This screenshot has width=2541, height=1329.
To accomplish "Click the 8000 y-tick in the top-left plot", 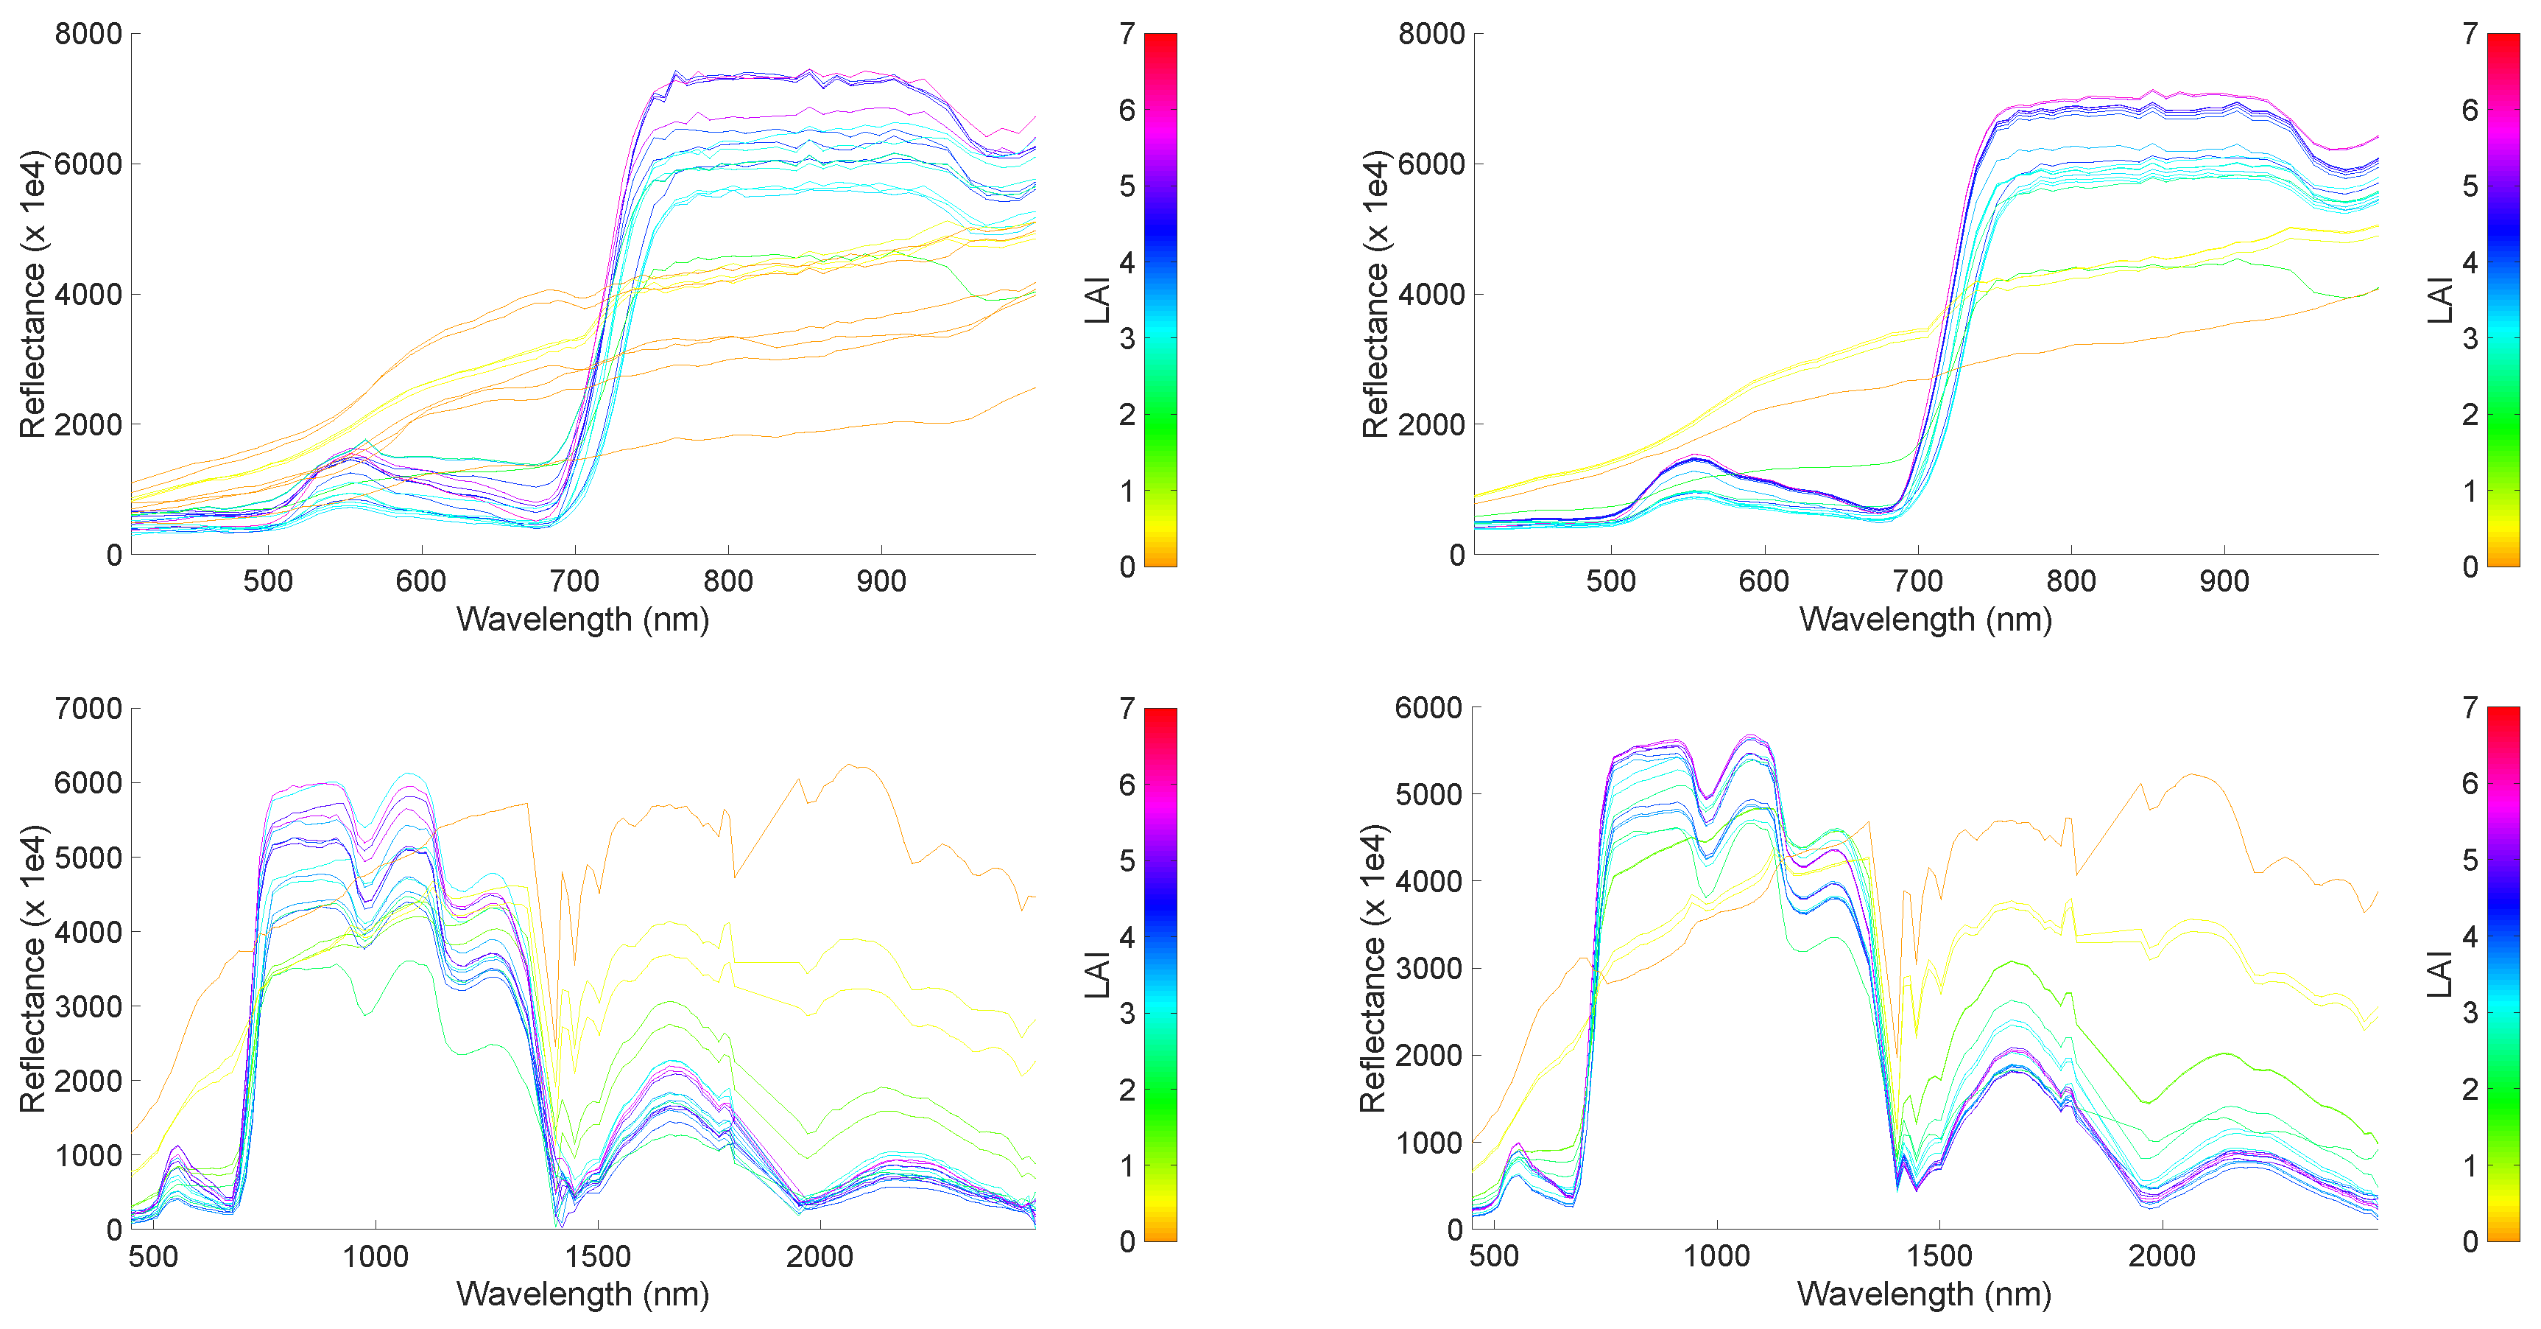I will pyautogui.click(x=88, y=35).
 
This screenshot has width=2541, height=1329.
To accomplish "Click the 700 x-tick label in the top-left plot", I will pyautogui.click(x=574, y=581).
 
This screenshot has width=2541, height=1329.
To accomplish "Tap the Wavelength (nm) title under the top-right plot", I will pyautogui.click(x=1925, y=620).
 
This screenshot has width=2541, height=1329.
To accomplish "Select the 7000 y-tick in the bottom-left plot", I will pyautogui.click(x=88, y=709).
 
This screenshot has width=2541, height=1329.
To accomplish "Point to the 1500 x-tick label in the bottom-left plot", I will pyautogui.click(x=597, y=1256).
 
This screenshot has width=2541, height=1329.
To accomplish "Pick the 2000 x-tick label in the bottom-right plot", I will pyautogui.click(x=2161, y=1256).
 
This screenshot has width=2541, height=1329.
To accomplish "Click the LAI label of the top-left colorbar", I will pyautogui.click(x=1097, y=300).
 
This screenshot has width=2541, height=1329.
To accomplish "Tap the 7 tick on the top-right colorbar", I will pyautogui.click(x=2469, y=35).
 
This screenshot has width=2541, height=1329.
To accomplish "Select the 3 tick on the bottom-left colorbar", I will pyautogui.click(x=1127, y=1013).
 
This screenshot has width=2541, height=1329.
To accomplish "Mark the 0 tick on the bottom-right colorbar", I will pyautogui.click(x=2469, y=1241).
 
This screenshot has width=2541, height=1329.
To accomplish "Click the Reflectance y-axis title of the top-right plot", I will pyautogui.click(x=1374, y=294).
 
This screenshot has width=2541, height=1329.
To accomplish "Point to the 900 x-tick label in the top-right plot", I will pyautogui.click(x=2224, y=581).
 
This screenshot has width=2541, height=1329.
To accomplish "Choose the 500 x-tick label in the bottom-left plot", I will pyautogui.click(x=154, y=1256).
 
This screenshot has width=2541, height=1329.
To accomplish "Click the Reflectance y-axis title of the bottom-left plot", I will pyautogui.click(x=32, y=969).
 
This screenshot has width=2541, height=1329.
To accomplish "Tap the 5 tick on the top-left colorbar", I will pyautogui.click(x=1127, y=186).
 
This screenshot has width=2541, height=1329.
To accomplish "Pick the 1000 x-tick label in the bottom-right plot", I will pyautogui.click(x=1716, y=1256).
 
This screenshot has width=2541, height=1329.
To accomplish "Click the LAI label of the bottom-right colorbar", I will pyautogui.click(x=2439, y=974).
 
